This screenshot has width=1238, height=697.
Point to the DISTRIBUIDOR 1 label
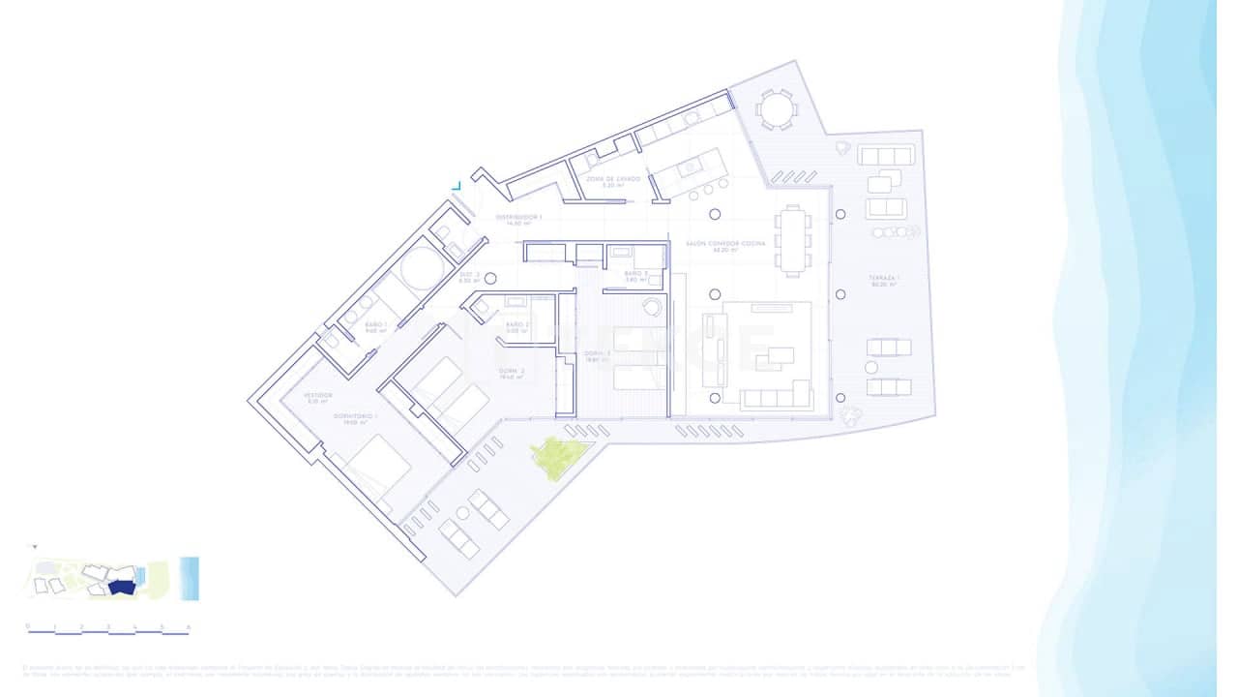pos(519,219)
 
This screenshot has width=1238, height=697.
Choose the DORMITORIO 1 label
pos(354,417)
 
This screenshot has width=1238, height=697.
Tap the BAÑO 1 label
pos(376,326)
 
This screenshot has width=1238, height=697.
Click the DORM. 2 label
pos(512,374)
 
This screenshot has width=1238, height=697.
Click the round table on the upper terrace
pos(775,109)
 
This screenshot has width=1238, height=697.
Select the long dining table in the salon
pos(793,240)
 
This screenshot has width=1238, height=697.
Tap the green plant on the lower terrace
pos(559,457)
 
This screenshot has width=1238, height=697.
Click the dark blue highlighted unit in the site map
pos(121,587)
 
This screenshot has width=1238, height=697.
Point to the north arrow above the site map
pos(35,548)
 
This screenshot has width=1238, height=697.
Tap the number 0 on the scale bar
pos(28,626)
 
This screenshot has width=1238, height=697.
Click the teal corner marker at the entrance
pos(457,184)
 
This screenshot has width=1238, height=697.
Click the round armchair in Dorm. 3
pos(653,308)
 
